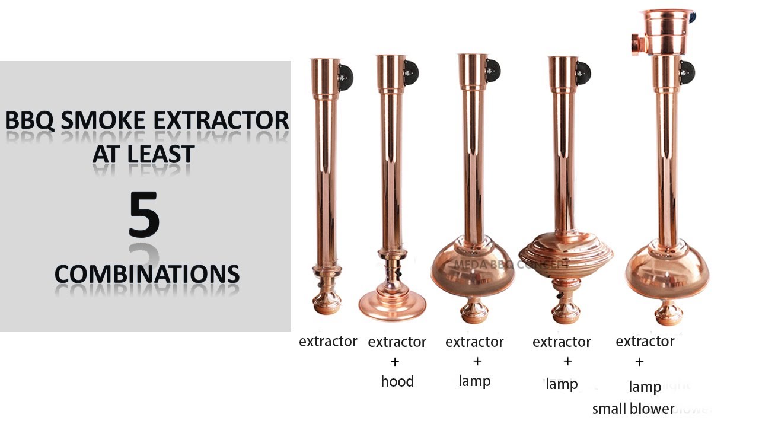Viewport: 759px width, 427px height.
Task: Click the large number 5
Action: click(x=144, y=214)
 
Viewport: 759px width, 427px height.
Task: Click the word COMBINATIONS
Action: click(x=147, y=273)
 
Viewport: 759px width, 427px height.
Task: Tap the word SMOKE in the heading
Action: click(x=110, y=120)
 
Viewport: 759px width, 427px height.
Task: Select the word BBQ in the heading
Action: click(x=30, y=120)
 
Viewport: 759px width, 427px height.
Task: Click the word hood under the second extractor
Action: click(x=397, y=381)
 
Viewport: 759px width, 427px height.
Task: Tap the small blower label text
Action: click(x=633, y=409)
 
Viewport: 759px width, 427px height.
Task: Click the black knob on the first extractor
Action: click(x=345, y=77)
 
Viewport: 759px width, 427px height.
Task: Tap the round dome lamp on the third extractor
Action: click(x=475, y=270)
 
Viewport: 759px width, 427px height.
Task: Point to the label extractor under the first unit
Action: click(x=328, y=341)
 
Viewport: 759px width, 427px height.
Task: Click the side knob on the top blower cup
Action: click(x=637, y=43)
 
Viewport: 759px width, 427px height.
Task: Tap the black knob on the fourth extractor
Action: click(x=583, y=73)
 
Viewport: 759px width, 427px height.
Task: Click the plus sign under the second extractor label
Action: click(x=395, y=361)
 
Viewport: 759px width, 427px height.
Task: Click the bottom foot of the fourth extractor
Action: click(x=565, y=310)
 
